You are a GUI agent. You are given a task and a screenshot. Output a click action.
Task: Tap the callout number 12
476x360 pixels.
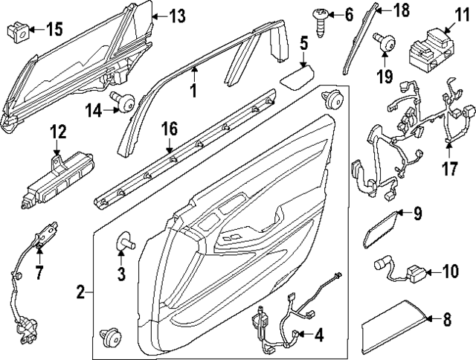[58, 132]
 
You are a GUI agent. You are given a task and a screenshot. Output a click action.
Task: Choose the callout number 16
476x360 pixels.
[169, 130]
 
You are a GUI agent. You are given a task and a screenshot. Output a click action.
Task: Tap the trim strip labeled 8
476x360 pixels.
[396, 324]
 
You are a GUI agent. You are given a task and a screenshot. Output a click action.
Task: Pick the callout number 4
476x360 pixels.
[318, 335]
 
